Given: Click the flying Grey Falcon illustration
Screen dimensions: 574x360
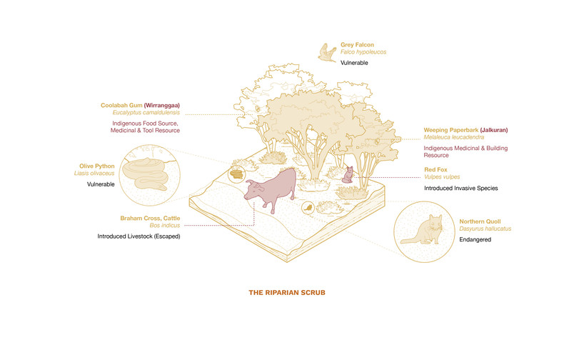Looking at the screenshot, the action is [x=327, y=53].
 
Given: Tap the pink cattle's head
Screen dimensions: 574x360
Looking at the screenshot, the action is [x=252, y=191].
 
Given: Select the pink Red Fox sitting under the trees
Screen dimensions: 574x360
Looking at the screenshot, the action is [x=348, y=175].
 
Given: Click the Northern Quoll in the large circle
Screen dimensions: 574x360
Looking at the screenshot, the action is [x=422, y=230].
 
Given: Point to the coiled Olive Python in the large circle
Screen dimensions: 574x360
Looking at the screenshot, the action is [x=146, y=174].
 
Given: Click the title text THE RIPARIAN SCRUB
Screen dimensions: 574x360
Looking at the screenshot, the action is [x=287, y=293].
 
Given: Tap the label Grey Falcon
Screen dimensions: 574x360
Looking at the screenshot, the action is [x=357, y=45].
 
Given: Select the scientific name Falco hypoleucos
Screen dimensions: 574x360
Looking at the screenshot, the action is [x=363, y=52].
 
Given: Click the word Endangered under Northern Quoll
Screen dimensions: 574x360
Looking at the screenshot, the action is [x=475, y=239].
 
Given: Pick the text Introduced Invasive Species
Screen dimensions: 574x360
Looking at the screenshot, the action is [x=461, y=189].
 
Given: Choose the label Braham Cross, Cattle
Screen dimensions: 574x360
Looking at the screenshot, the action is [x=150, y=219].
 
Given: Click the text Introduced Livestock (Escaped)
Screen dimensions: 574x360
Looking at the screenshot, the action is [x=139, y=236].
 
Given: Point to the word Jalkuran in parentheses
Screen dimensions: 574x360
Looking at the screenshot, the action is [x=494, y=130].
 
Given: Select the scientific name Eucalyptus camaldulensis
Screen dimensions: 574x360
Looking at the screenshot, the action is [x=146, y=113].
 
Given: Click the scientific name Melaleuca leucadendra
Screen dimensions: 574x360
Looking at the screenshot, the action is [x=454, y=137].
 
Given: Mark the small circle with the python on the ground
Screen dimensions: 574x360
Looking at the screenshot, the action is [x=236, y=174].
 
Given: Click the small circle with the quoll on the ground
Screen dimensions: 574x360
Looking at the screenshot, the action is [x=308, y=208].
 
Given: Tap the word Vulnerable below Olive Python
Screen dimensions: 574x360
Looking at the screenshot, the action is [x=101, y=184].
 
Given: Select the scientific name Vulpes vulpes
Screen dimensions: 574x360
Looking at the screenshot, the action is [x=442, y=177].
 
